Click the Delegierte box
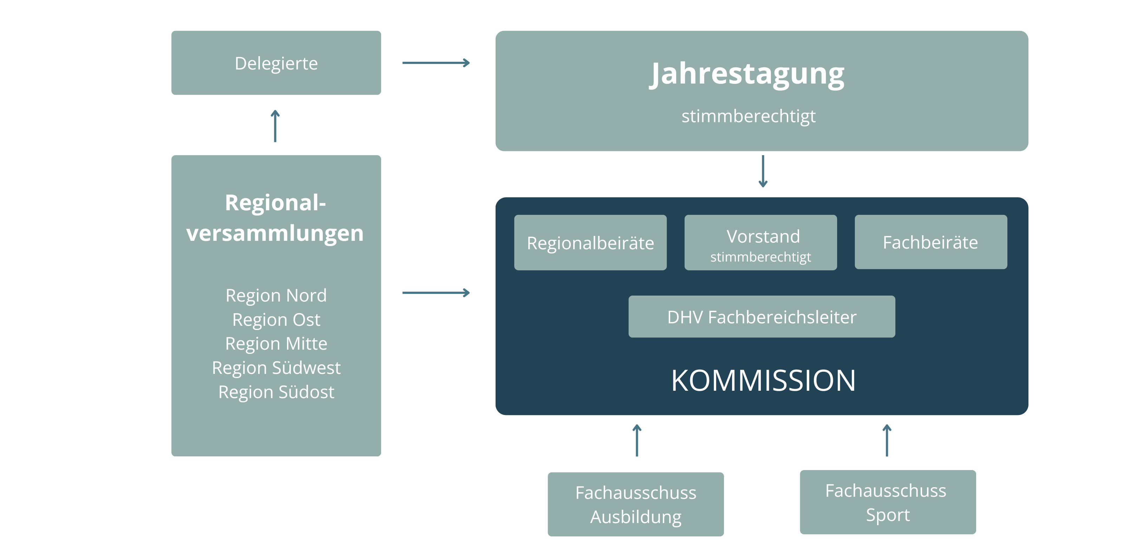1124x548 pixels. pos(276,63)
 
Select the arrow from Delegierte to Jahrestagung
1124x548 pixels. pos(436,63)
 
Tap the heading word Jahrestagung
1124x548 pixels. pos(747,74)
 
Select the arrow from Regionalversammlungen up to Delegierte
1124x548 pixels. pos(275,126)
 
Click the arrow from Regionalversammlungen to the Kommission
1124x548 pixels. pos(436,292)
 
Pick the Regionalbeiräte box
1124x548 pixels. pos(590,242)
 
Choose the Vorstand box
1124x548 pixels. pos(760,242)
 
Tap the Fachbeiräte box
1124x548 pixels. pos(931,242)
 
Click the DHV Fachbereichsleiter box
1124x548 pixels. pos(762,317)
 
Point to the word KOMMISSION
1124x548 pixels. pos(763,380)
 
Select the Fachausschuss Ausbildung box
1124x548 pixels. pos(636,504)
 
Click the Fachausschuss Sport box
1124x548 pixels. pos(888,502)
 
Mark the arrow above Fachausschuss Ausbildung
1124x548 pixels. pos(637,440)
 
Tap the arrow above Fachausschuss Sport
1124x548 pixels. pos(887,440)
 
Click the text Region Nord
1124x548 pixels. pos(276,296)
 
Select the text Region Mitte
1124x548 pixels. pos(276,344)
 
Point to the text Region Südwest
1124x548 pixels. pos(276,368)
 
